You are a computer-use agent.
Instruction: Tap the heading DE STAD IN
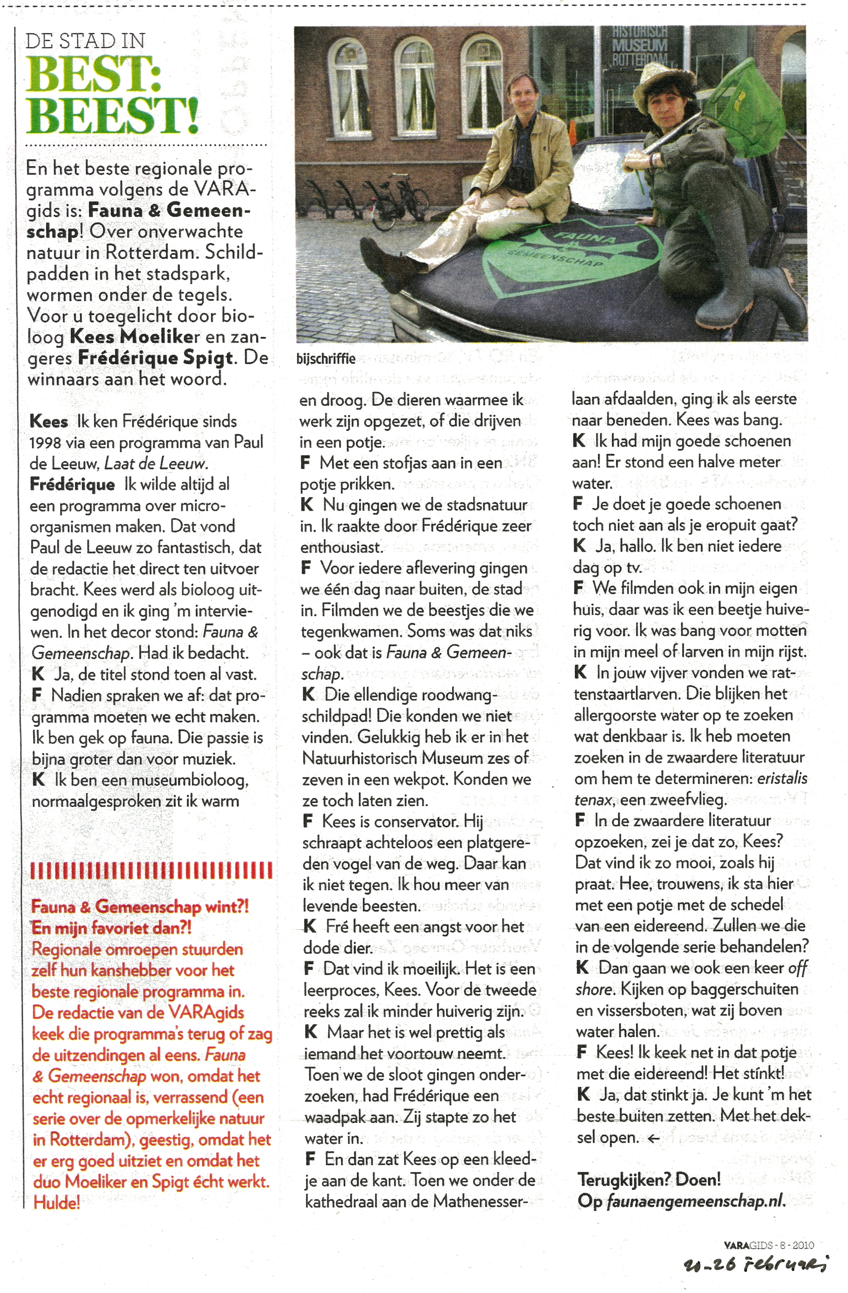[x=85, y=41]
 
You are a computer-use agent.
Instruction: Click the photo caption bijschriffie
[x=326, y=359]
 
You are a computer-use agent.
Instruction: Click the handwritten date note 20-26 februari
[x=755, y=1264]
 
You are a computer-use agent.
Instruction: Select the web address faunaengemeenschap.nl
[x=695, y=1201]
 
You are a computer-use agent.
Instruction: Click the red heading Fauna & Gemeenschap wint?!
[x=139, y=906]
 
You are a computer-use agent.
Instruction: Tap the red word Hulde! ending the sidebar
[x=56, y=1202]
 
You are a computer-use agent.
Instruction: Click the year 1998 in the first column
[x=45, y=443]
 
